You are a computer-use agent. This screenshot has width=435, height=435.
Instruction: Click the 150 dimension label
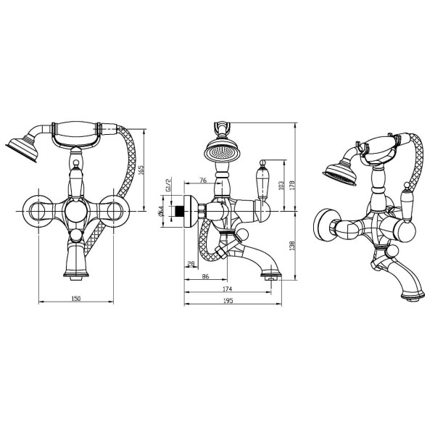point(75,299)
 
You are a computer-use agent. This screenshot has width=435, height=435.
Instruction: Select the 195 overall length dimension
point(228,300)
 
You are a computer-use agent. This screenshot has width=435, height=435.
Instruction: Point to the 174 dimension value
point(227,289)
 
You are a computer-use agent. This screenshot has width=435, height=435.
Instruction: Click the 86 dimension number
point(205,276)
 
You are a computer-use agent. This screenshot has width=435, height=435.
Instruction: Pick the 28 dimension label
point(191,264)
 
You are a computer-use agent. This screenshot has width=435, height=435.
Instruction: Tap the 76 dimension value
point(203,181)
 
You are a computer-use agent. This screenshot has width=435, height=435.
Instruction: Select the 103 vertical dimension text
point(281,186)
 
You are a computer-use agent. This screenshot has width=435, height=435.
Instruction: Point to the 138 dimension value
point(292,246)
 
